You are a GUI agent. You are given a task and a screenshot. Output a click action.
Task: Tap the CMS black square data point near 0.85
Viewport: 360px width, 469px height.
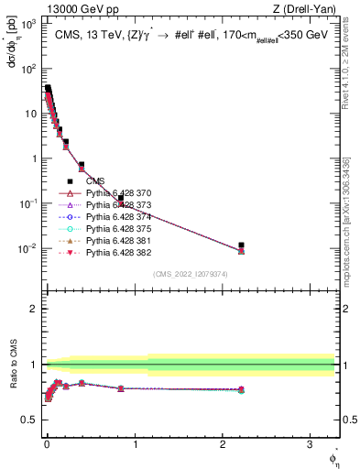121,198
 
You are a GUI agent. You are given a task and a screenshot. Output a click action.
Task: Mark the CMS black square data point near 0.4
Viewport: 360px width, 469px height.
82,165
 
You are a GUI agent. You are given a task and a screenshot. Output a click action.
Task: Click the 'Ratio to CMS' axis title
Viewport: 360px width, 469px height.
12,364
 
